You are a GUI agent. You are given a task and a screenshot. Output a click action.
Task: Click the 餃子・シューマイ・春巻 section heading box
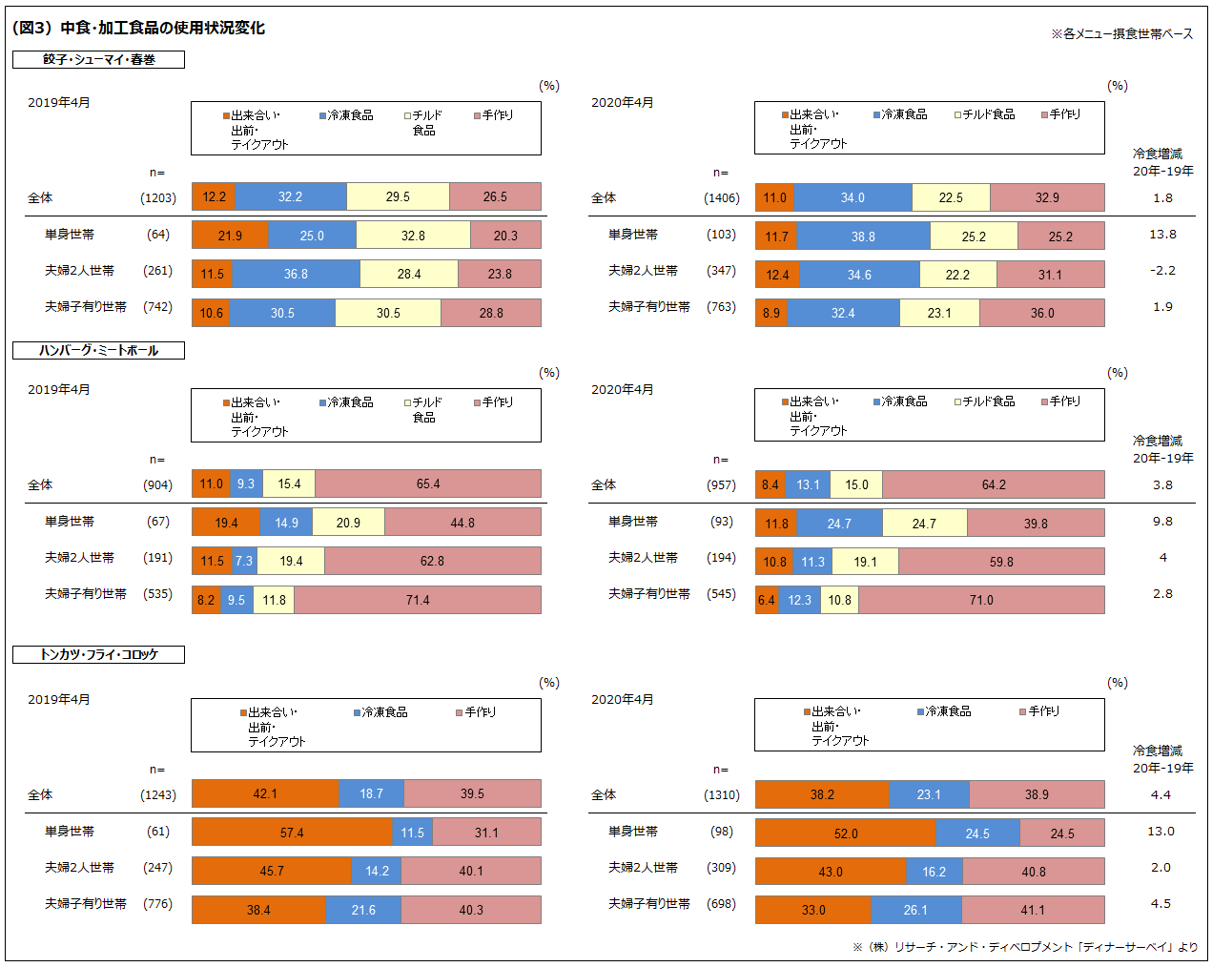(x=98, y=59)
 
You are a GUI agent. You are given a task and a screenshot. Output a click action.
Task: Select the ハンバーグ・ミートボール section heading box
(x=98, y=350)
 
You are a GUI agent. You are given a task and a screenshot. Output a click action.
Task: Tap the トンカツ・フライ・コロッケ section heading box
(x=98, y=654)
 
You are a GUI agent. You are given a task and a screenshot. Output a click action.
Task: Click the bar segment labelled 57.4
(x=292, y=833)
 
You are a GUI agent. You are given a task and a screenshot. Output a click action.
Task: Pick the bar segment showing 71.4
(x=418, y=600)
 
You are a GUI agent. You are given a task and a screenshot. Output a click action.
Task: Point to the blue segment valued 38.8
(x=863, y=237)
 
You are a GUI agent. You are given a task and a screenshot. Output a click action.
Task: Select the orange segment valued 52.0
(x=846, y=833)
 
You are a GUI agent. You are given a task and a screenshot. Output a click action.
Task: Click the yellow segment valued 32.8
(x=413, y=236)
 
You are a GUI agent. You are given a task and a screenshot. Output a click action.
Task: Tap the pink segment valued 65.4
(x=428, y=483)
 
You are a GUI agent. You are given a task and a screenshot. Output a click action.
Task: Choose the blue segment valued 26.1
(x=915, y=910)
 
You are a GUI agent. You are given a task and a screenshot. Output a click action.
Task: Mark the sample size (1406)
(x=722, y=198)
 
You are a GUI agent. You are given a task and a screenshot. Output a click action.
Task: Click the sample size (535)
(x=157, y=594)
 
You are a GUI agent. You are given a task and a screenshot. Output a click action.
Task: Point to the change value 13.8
(x=1162, y=235)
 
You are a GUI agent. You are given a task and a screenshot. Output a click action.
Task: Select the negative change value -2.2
(x=1162, y=271)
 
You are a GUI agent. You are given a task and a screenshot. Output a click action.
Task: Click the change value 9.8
(x=1162, y=522)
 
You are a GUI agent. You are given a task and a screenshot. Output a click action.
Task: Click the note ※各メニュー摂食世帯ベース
(x=1121, y=33)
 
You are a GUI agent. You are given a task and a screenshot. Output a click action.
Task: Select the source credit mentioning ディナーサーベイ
(x=1025, y=947)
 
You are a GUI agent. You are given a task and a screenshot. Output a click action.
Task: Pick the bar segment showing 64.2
(x=994, y=484)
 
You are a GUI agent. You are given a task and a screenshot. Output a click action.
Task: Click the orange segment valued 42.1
(x=265, y=793)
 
